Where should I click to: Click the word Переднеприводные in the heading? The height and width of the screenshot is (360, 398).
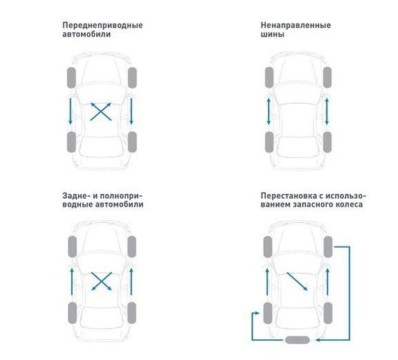[102, 25]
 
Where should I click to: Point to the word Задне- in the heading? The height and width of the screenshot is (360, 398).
[77, 195]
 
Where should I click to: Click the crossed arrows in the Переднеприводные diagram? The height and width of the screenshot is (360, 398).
[101, 111]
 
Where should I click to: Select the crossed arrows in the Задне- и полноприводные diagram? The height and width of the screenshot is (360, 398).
[101, 281]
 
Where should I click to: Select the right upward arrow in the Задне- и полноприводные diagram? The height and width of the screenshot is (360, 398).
[132, 281]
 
